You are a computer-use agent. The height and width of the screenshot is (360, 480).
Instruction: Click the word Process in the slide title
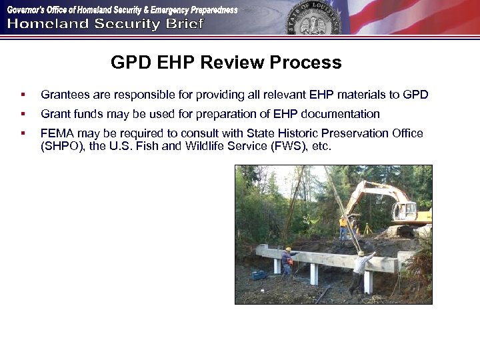point(305,63)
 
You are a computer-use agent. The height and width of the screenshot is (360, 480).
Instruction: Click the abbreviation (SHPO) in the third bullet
point(61,146)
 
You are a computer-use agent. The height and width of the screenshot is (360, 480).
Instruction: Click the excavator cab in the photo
point(403,209)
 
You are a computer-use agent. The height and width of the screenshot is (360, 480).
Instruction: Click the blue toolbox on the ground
point(259,275)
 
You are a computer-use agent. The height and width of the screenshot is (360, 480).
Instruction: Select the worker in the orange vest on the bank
point(343,227)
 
